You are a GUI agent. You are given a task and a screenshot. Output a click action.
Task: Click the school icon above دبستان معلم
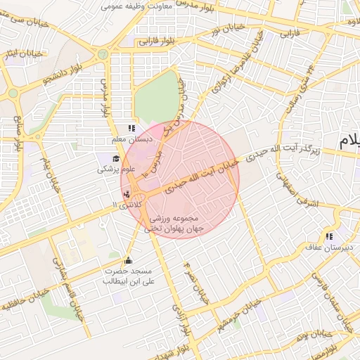pos(131,128)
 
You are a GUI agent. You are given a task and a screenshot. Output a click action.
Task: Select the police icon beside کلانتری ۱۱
pos(127,194)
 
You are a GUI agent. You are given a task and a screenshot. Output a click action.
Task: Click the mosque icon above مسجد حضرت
pos(127,260)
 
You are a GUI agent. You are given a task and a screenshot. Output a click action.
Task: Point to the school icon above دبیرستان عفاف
pos(329,236)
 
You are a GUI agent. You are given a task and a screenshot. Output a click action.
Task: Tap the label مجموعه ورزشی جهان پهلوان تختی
pos(174,224)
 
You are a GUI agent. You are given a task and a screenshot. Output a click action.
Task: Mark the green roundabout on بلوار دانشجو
pos(13,93)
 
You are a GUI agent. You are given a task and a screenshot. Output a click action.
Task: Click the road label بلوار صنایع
pos(18,134)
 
